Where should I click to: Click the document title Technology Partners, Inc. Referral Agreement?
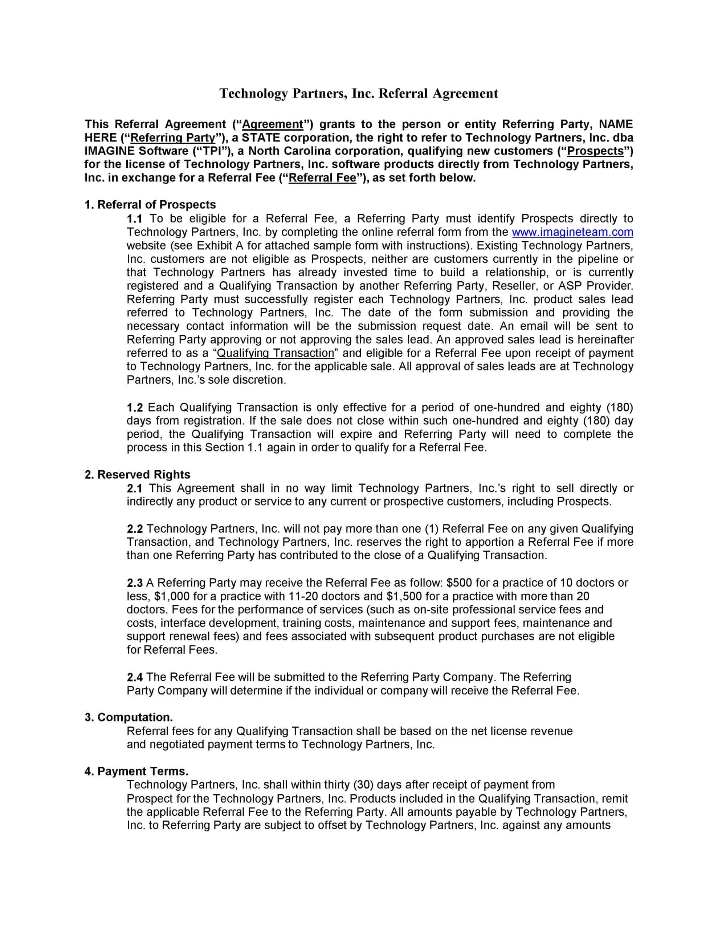point(358,93)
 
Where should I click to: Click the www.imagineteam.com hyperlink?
point(572,232)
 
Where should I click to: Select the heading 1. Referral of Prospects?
point(150,205)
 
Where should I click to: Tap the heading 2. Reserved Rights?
point(137,474)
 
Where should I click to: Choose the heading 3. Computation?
point(128,717)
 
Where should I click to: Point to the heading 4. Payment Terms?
point(136,771)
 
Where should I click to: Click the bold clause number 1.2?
point(135,408)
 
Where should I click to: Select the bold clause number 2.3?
point(135,583)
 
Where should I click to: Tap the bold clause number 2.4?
point(135,677)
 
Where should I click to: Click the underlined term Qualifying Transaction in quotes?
point(276,353)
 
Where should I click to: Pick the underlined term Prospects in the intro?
point(595,151)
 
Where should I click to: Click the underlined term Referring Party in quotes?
point(172,138)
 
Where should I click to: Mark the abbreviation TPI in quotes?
point(211,151)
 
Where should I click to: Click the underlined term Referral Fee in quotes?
point(322,178)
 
